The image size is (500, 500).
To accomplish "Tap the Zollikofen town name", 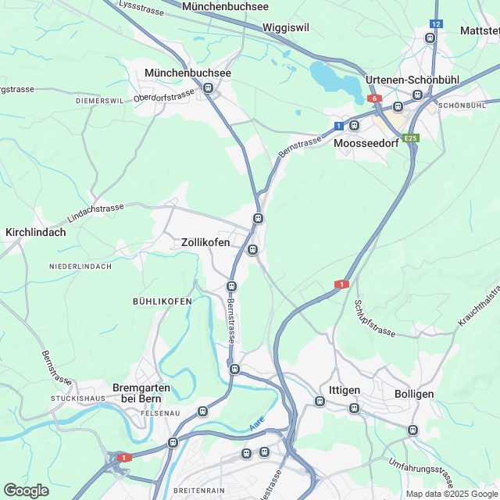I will tap(205, 243).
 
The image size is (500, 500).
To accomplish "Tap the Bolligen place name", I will tap(414, 394).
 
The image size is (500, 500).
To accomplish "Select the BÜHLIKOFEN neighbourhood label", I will tap(162, 301).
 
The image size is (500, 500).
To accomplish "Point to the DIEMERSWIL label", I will tap(100, 101).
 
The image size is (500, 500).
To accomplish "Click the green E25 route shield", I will tap(412, 137).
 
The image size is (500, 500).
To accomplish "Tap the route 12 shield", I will tap(436, 25).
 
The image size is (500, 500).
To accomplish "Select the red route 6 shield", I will tap(375, 98).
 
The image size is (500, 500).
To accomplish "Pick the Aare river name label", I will tap(258, 424).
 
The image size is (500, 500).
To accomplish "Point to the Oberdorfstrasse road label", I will tap(163, 96).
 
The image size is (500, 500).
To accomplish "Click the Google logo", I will tap(26, 490).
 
